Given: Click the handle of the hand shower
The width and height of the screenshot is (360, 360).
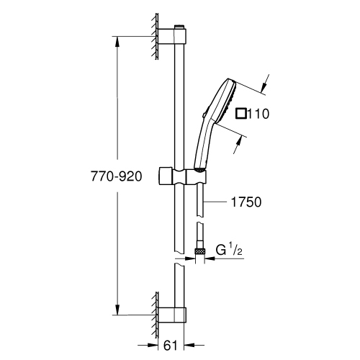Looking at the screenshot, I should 203,144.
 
